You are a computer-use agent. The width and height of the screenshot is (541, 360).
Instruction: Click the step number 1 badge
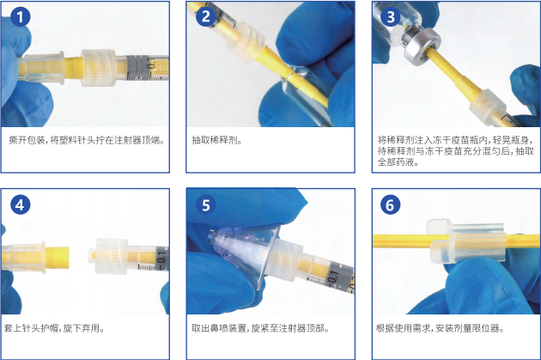[21, 16]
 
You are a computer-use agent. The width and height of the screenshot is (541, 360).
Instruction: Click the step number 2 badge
[206, 16]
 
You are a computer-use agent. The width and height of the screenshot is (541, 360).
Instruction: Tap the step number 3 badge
[391, 16]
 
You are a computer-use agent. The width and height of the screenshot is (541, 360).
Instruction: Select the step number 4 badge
[21, 204]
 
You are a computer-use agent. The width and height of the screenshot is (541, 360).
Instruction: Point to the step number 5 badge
[206, 205]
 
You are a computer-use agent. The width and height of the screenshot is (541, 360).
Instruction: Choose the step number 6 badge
[391, 204]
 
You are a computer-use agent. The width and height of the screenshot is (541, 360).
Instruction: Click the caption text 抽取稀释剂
[216, 140]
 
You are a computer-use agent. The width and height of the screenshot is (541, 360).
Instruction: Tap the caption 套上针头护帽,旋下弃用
[54, 328]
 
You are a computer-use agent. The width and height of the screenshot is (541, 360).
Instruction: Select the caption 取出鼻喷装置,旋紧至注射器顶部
[260, 328]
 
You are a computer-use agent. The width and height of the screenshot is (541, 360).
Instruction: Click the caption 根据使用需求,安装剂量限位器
[441, 328]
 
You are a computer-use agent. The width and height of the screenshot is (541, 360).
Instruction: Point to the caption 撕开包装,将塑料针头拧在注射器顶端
[87, 140]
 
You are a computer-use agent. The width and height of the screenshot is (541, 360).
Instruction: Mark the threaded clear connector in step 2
[246, 41]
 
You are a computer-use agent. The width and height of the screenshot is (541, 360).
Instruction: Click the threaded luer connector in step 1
[99, 68]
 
